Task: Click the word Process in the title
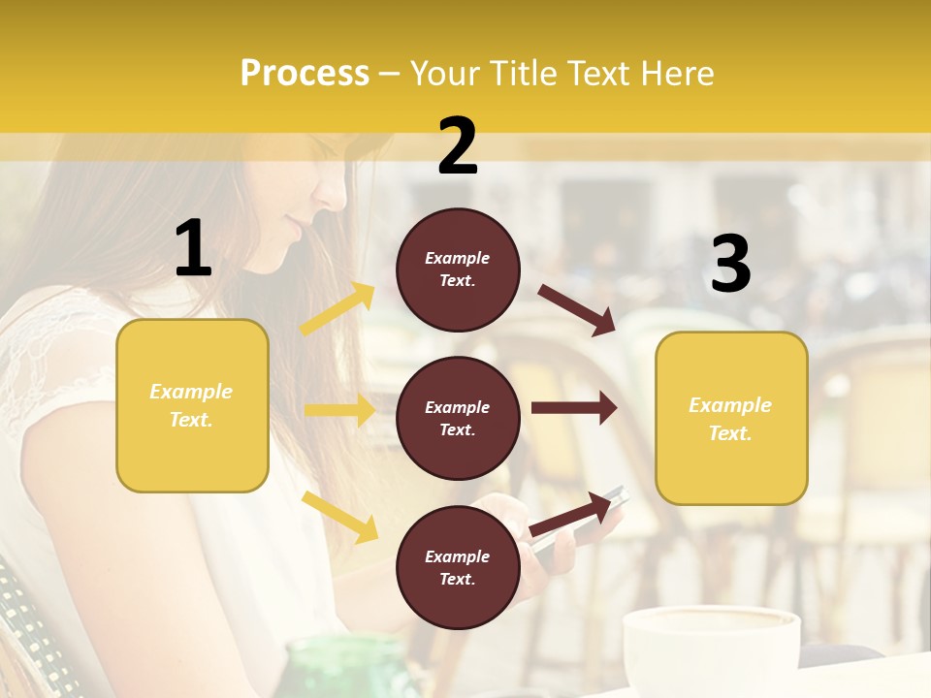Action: [305, 74]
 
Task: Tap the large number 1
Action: [193, 248]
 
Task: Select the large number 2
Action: [458, 146]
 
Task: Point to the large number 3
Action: [730, 265]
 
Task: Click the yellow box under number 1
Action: [192, 405]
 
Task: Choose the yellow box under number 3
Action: [731, 419]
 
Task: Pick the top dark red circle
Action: [458, 270]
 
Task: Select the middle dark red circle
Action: [458, 418]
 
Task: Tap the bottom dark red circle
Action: [458, 567]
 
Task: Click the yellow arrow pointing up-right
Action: [337, 309]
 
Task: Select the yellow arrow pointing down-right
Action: [339, 517]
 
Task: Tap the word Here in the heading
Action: [677, 74]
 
